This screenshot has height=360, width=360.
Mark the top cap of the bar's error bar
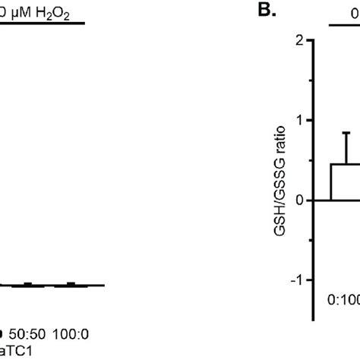point(346,134)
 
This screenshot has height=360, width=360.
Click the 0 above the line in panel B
point(355,11)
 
